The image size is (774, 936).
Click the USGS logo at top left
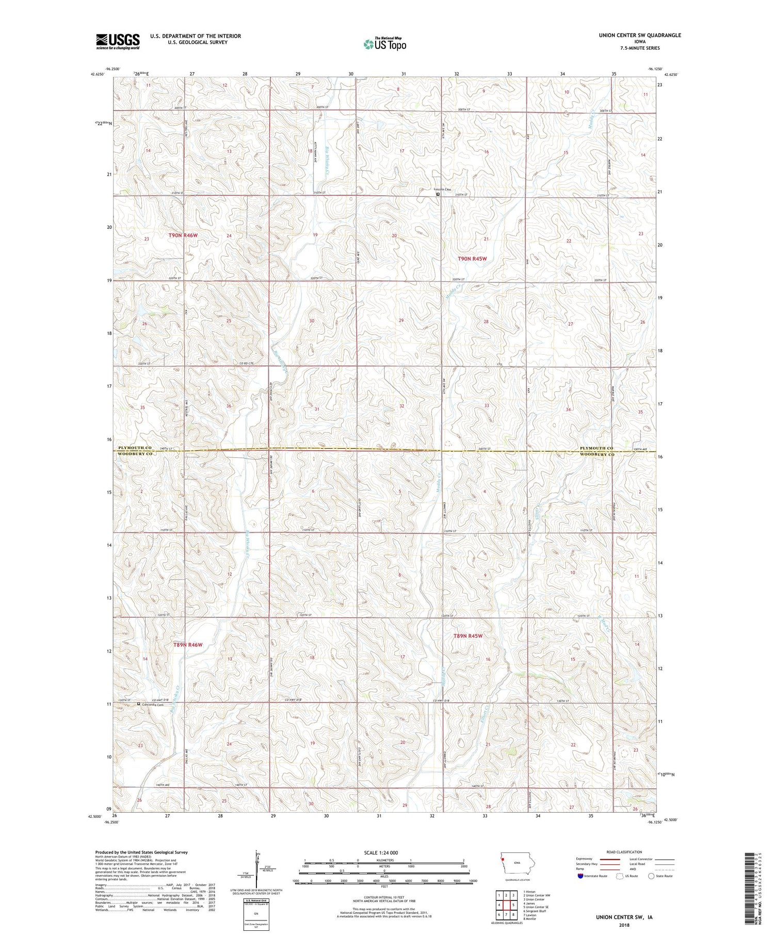pyautogui.click(x=118, y=41)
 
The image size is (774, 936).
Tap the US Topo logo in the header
pyautogui.click(x=385, y=44)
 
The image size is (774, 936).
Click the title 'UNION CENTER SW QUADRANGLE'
pyautogui.click(x=639, y=35)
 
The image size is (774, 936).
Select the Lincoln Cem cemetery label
pyautogui.click(x=442, y=189)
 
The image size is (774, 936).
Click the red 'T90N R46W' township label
pyautogui.click(x=183, y=235)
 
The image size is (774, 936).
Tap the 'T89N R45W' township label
pyautogui.click(x=467, y=636)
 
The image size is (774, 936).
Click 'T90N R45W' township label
pyautogui.click(x=472, y=259)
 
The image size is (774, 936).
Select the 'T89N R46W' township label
pyautogui.click(x=188, y=645)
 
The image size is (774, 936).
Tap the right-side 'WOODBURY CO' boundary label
pyautogui.click(x=596, y=454)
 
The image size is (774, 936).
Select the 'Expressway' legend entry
pyautogui.click(x=586, y=859)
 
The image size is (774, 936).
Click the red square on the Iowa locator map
pyautogui.click(x=501, y=860)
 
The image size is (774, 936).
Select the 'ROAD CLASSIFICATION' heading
pyautogui.click(x=624, y=852)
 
